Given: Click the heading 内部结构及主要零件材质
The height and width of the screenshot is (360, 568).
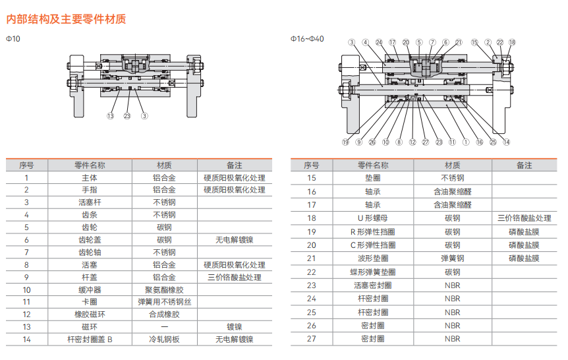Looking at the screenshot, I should coord(66,18).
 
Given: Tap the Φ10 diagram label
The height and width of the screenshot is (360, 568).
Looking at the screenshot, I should coord(13,39).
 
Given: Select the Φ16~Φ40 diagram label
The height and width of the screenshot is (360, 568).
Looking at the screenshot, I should coord(308,39).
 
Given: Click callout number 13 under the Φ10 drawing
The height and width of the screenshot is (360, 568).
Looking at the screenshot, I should coord(110,116).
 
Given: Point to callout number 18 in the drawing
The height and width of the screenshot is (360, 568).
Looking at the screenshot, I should coord(512,42).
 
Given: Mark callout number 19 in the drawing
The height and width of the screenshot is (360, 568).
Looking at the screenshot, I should coord(345,142).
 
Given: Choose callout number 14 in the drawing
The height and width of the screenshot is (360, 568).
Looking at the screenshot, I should coord(506,142).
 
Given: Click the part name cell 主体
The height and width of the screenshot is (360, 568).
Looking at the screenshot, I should coord(90,178).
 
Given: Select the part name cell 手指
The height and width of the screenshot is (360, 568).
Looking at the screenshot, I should coord(90,190).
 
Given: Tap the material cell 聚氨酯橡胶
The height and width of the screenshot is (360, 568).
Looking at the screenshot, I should coord(164,289).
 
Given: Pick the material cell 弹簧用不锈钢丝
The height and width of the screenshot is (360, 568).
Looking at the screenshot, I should coord(164,302).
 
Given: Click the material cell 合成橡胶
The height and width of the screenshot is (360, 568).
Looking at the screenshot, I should coord(164,315).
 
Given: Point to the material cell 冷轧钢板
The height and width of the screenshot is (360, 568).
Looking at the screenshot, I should coord(164,340).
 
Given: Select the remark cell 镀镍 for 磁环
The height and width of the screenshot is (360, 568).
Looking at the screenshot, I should coord(234,327).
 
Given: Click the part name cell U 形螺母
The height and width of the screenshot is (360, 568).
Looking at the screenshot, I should coord(373,218).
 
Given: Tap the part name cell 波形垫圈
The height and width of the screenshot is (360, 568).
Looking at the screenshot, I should coord(373,258).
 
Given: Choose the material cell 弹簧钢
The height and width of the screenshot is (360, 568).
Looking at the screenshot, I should coord(452,258).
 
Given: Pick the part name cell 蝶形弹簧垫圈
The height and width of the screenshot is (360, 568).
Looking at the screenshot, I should coord(373,272).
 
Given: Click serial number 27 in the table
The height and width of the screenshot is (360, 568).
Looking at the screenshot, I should coord(312,339).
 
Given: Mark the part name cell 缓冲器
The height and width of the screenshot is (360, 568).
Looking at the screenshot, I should coord(90,289).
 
